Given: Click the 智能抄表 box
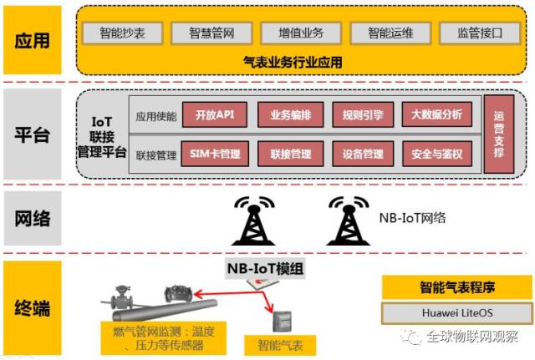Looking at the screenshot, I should (x=122, y=33).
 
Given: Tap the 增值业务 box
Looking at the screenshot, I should (x=300, y=33).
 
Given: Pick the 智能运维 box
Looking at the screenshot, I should (x=389, y=33).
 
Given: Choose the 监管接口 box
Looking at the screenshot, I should (x=478, y=33).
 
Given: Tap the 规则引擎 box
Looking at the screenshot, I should (x=362, y=114).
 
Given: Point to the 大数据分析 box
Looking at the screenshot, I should (x=437, y=114).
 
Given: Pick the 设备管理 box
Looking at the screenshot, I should (x=362, y=155).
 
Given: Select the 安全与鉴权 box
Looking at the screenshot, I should (x=437, y=155).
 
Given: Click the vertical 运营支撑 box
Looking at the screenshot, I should (x=499, y=134).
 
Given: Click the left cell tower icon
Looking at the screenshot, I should (x=252, y=221).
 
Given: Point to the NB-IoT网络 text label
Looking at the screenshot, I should (x=412, y=218).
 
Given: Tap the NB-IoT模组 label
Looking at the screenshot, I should (x=267, y=268).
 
